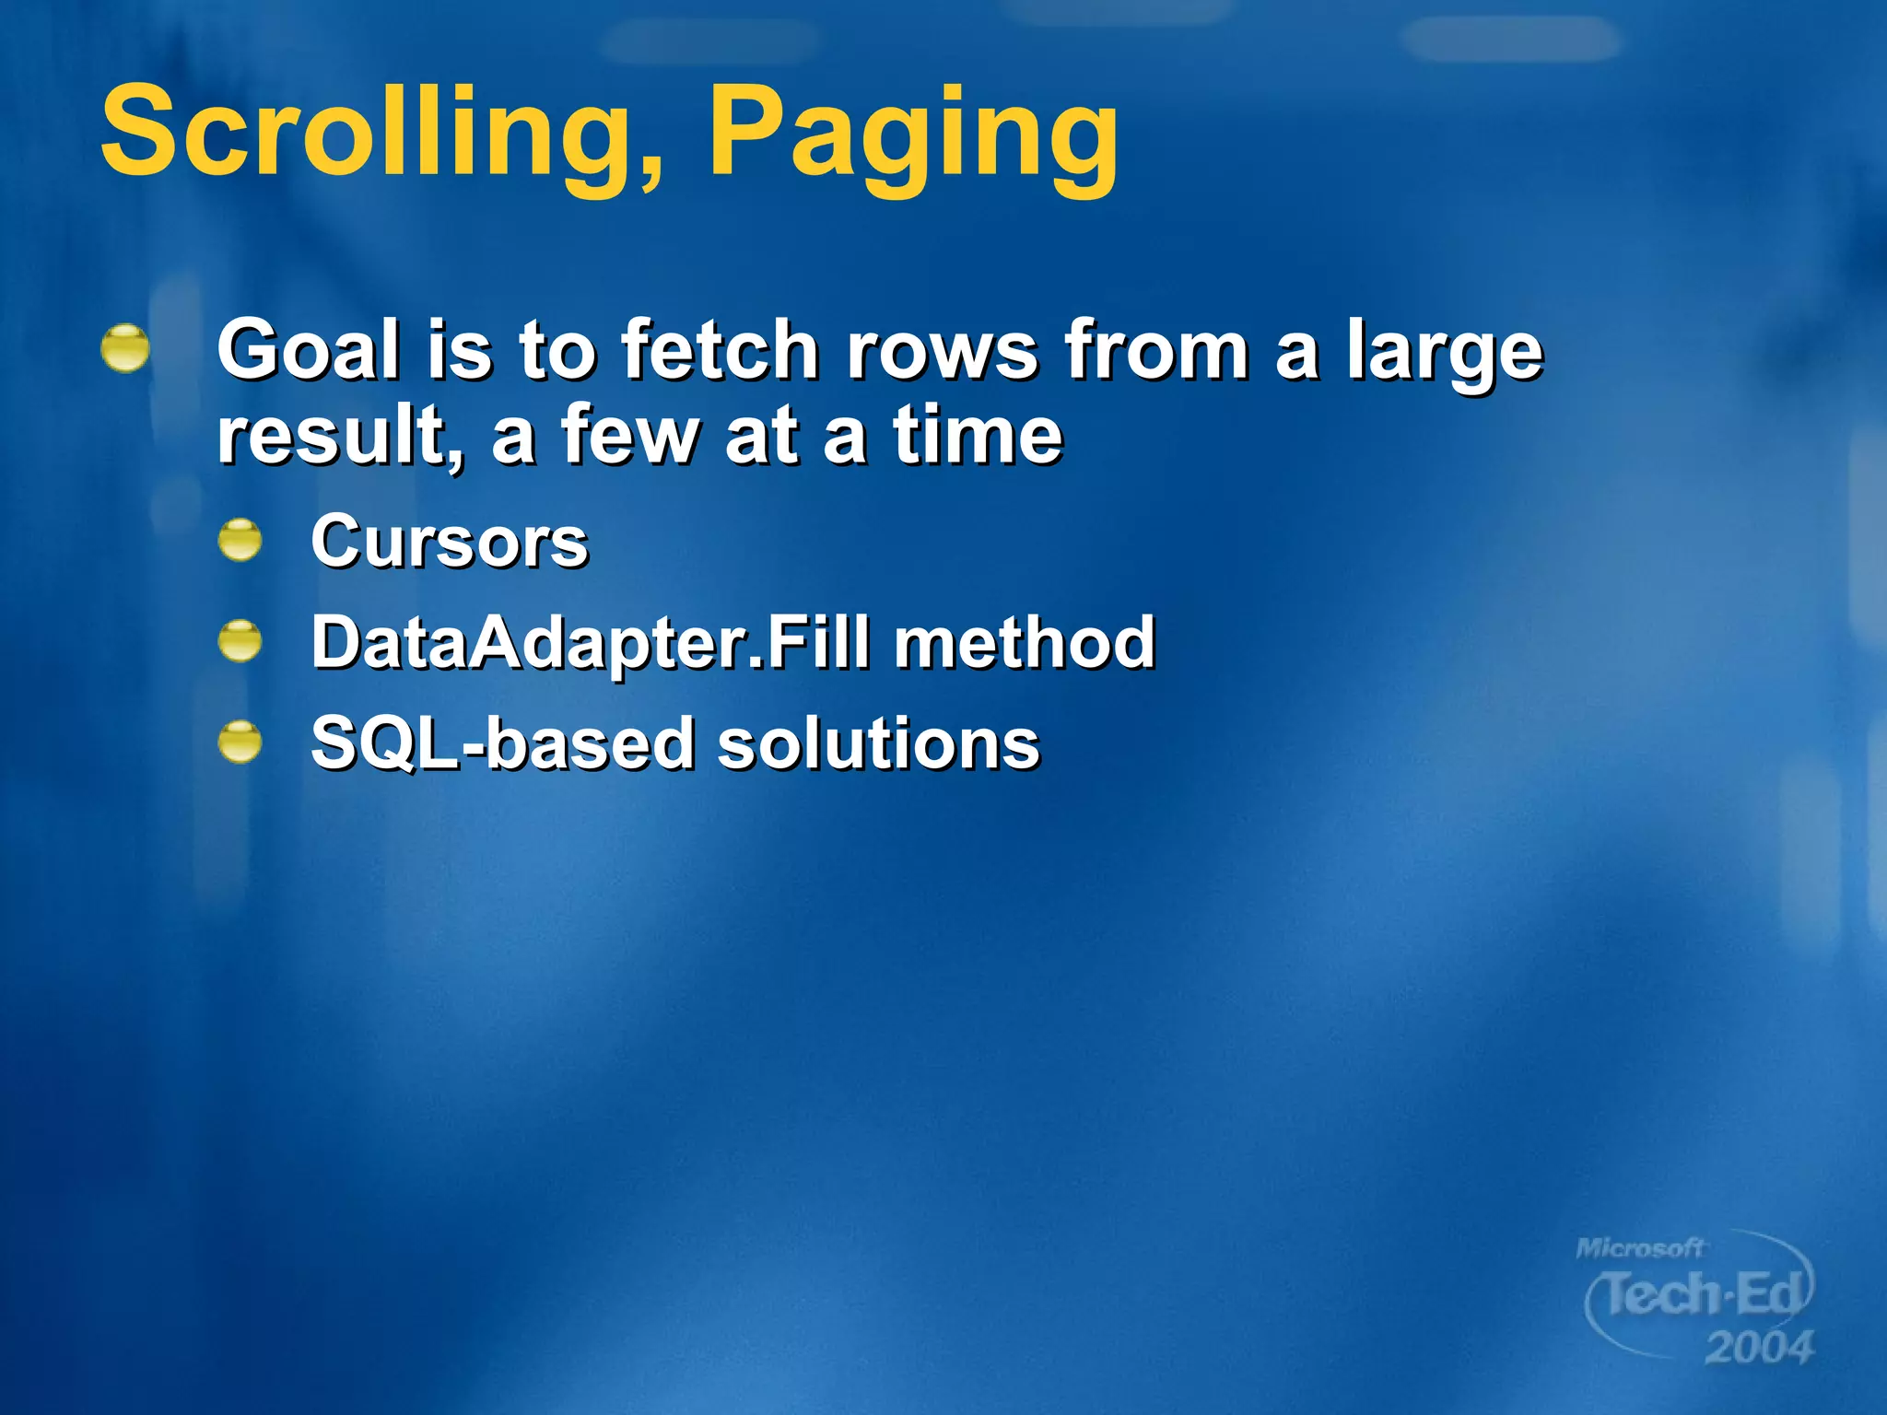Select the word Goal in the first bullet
(x=310, y=349)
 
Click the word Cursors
(x=450, y=542)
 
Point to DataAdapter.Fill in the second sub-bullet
(x=590, y=642)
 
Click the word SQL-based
(x=502, y=743)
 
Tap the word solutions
(x=878, y=743)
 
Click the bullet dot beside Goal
(x=125, y=348)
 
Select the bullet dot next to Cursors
(x=240, y=540)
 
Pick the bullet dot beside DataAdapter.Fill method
(x=240, y=640)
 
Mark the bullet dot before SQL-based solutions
(x=240, y=742)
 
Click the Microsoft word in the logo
(x=1640, y=1248)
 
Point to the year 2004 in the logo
(x=1759, y=1348)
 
